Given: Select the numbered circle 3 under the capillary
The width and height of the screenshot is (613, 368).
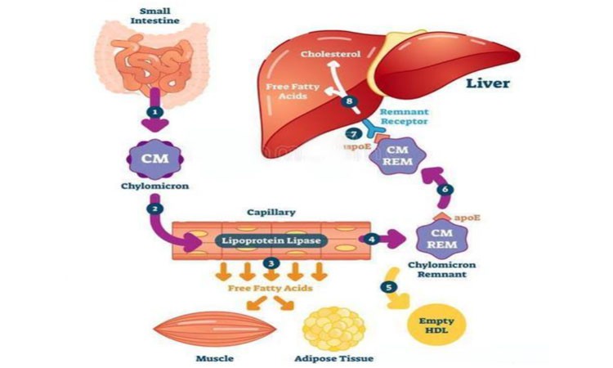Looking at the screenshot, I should click(x=271, y=263).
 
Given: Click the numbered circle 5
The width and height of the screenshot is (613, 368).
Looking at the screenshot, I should click(x=388, y=287).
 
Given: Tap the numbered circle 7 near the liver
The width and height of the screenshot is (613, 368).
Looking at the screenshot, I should click(x=354, y=134).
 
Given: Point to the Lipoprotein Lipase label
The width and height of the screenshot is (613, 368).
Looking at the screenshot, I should click(x=271, y=240).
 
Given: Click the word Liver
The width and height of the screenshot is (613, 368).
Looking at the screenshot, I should click(x=488, y=83).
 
